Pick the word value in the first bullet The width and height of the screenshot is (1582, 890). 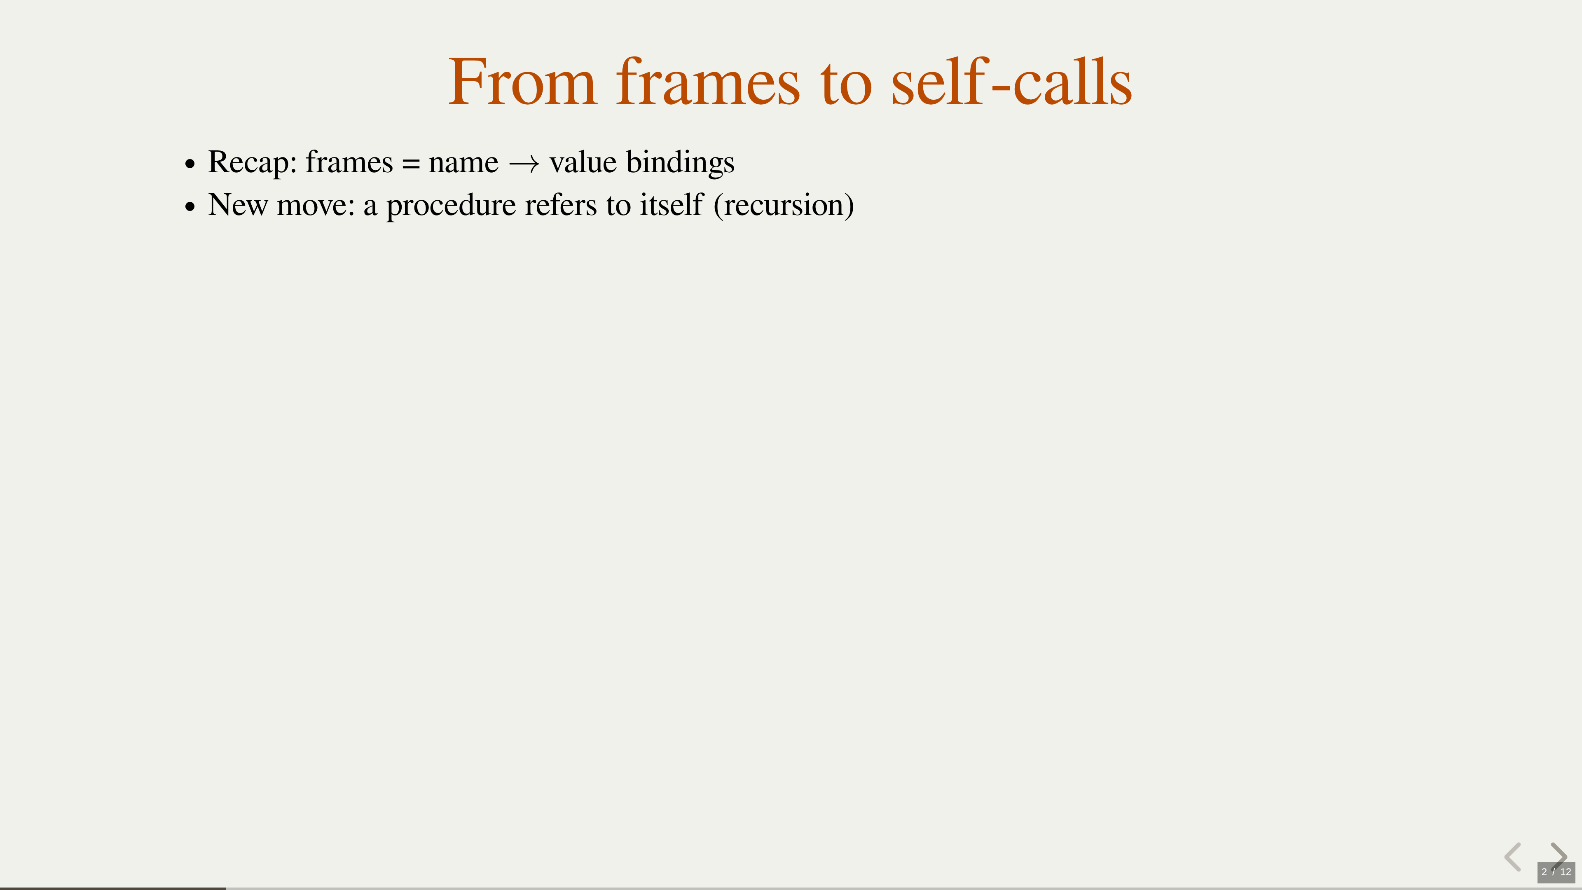[583, 163]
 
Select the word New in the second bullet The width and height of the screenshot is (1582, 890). [238, 205]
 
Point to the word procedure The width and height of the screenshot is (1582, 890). [451, 206]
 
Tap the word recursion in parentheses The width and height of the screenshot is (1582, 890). [784, 206]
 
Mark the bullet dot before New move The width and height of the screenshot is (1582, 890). [190, 207]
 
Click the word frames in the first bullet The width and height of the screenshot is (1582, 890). [349, 163]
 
